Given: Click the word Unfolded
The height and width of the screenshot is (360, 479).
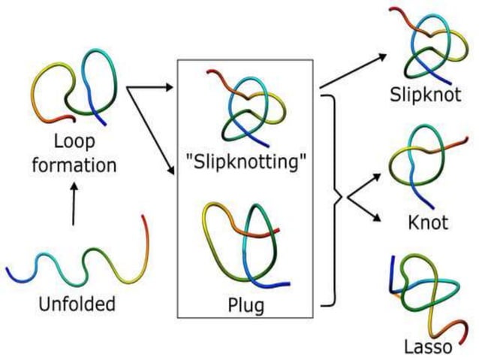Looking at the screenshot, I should [77, 304].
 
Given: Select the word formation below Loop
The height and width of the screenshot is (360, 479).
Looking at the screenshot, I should [74, 164].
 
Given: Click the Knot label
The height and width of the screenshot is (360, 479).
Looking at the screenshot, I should [427, 222].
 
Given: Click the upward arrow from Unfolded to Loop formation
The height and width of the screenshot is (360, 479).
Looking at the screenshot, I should [73, 204].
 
